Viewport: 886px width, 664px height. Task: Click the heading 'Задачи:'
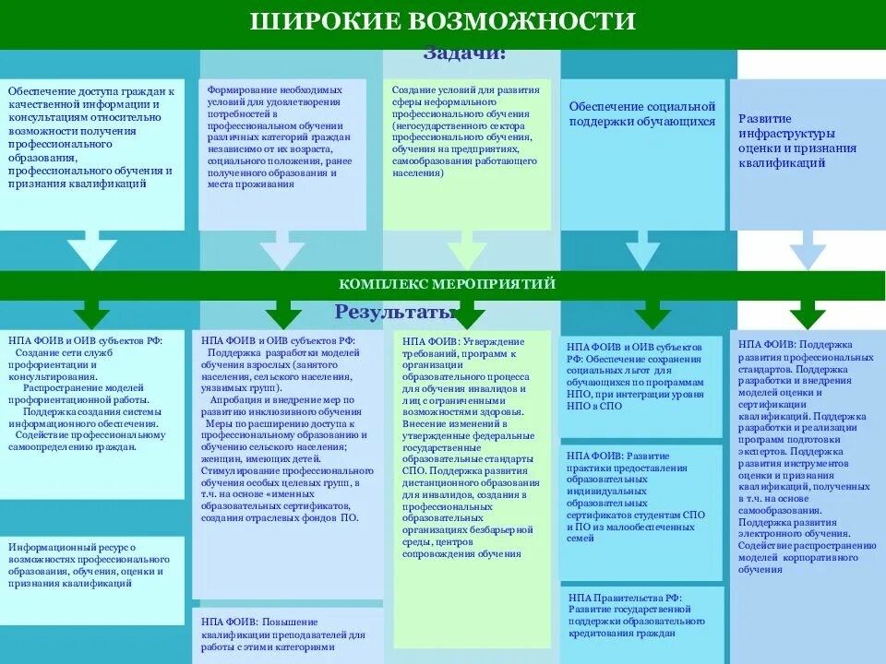[464, 53]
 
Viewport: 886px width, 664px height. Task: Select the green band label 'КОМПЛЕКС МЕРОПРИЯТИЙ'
[447, 284]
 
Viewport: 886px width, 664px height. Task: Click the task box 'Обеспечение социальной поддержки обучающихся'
[642, 116]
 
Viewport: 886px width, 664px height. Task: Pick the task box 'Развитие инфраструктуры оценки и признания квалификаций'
[797, 141]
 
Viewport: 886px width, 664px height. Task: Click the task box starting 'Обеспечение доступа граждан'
[92, 138]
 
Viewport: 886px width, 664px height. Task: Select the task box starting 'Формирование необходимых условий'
[281, 138]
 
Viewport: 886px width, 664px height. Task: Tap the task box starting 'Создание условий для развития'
[466, 138]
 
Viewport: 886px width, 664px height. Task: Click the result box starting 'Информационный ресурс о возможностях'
[92, 565]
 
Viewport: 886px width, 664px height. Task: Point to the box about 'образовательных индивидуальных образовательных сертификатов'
[642, 498]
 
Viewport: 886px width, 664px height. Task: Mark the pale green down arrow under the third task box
[466, 251]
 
